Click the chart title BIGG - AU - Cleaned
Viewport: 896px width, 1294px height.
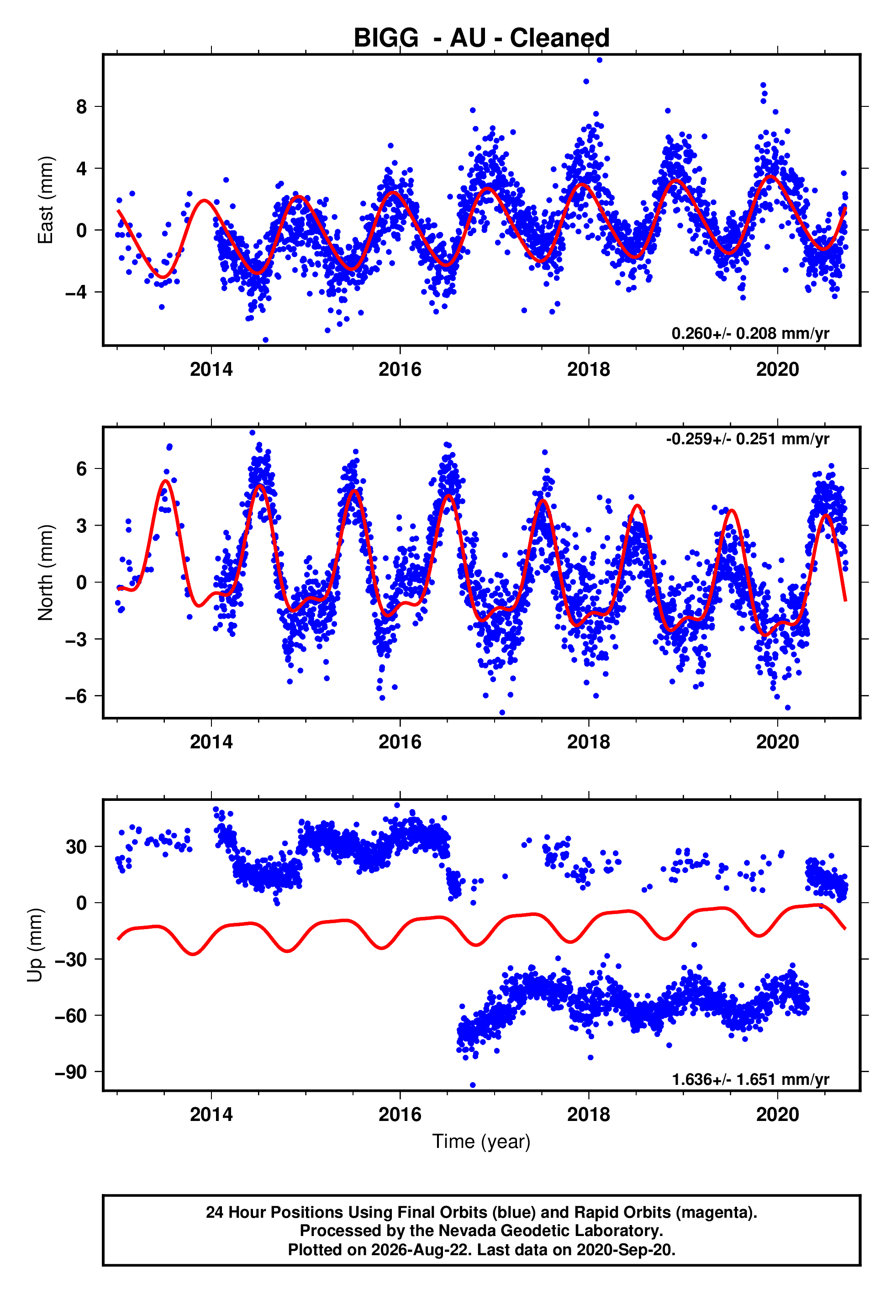tap(481, 38)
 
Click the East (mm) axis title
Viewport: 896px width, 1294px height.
tap(45, 200)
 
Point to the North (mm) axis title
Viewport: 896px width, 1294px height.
tap(45, 573)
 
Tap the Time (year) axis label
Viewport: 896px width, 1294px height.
tap(481, 1141)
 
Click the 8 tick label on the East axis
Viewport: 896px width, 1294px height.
tap(81, 107)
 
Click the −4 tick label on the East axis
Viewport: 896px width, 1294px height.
tap(76, 292)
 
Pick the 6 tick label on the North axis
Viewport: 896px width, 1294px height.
tap(81, 468)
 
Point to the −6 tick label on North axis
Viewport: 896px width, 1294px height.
tap(76, 696)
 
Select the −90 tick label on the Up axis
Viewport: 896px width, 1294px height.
tap(71, 1072)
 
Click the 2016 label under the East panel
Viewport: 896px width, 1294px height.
tap(400, 369)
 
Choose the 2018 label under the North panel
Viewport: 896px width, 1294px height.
tap(588, 742)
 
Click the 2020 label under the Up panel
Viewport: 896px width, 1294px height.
tap(778, 1114)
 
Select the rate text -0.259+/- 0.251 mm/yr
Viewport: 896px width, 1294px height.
tap(747, 439)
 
